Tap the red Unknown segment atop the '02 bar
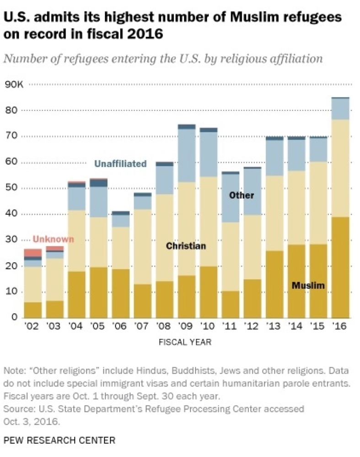32,252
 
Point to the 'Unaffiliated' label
120,164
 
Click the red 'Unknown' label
54,239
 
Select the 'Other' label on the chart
241,196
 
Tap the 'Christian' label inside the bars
186,246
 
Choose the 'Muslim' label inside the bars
308,286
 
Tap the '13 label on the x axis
274,327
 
